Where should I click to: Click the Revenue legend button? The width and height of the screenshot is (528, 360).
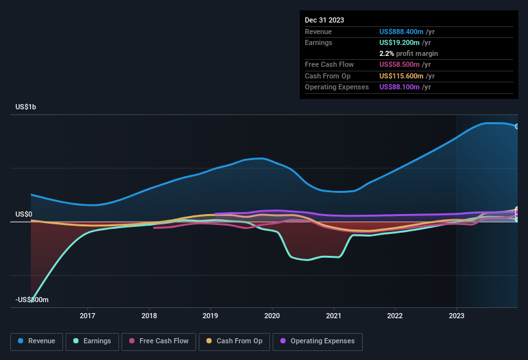click(37, 341)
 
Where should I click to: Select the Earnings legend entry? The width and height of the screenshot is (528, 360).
click(92, 341)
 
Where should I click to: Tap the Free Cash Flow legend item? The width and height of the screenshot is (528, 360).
click(159, 341)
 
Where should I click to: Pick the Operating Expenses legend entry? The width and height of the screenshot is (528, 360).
click(317, 341)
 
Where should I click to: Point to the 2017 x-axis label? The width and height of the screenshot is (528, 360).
click(87, 316)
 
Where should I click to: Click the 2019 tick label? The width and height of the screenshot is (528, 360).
click(210, 316)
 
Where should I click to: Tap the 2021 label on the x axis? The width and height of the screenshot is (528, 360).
click(333, 316)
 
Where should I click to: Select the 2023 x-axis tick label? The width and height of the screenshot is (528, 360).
click(456, 316)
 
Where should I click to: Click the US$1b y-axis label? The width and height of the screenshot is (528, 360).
click(26, 107)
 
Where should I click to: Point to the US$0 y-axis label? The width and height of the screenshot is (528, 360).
click(24, 215)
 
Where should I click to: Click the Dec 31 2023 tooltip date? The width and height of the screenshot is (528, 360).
click(324, 20)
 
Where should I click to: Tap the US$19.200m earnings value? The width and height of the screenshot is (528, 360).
click(400, 42)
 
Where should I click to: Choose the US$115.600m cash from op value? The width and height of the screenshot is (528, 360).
click(403, 76)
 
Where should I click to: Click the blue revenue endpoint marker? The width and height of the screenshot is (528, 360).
click(517, 126)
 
